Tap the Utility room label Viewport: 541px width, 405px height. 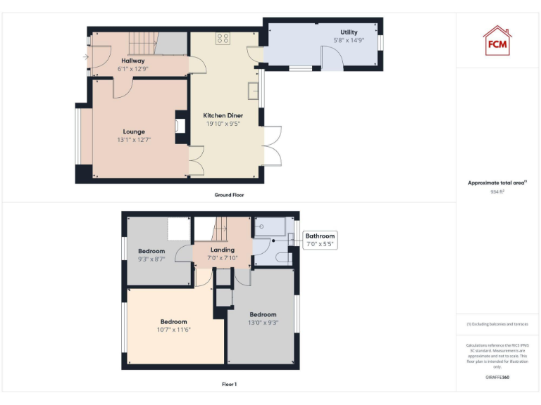349,32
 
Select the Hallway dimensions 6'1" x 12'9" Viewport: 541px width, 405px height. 132,69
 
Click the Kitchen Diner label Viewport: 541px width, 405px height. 223,115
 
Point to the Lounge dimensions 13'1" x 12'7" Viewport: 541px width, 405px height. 134,140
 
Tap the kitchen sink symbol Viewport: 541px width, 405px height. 253,90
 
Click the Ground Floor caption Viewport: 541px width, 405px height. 229,195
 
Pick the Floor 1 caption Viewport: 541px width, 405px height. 229,385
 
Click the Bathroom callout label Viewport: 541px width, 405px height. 320,236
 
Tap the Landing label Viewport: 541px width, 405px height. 223,250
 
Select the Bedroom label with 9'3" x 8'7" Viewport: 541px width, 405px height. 151,251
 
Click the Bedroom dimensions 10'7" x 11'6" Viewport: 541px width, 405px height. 174,330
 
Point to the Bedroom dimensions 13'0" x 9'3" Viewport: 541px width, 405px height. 263,323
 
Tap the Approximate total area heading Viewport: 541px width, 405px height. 497,183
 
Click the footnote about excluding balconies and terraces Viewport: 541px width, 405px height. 497,324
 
